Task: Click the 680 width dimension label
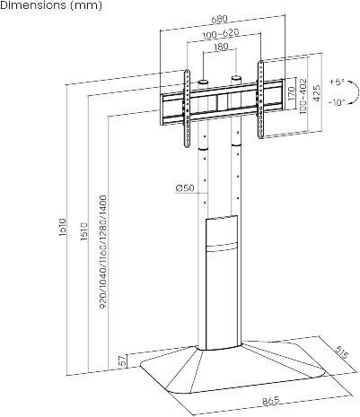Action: click(x=220, y=19)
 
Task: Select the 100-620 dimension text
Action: click(x=221, y=34)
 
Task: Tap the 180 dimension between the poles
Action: click(x=221, y=47)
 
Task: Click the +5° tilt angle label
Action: click(x=338, y=83)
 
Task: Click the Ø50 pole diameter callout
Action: click(x=185, y=188)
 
